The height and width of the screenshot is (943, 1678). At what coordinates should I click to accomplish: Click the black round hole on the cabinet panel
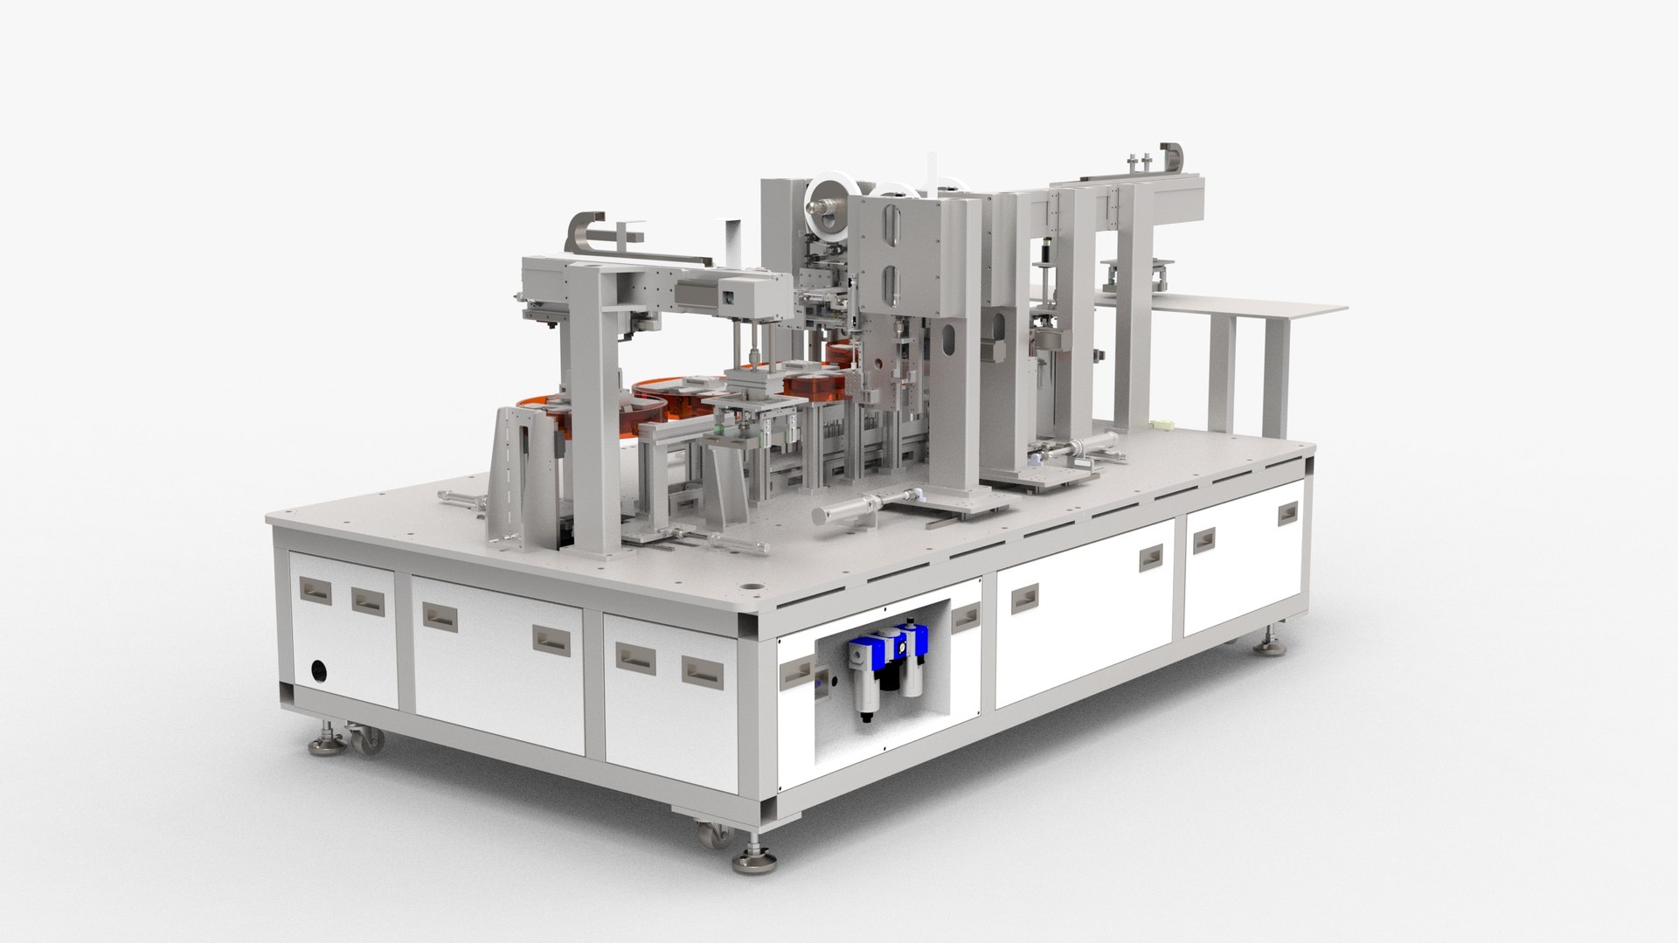click(321, 670)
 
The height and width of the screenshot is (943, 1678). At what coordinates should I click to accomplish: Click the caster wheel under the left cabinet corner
click(368, 740)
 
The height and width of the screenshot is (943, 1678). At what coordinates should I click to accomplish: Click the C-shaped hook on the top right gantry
click(1171, 156)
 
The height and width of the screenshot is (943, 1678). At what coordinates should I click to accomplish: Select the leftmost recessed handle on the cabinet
click(314, 593)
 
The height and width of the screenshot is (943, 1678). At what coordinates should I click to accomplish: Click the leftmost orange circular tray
click(546, 411)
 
